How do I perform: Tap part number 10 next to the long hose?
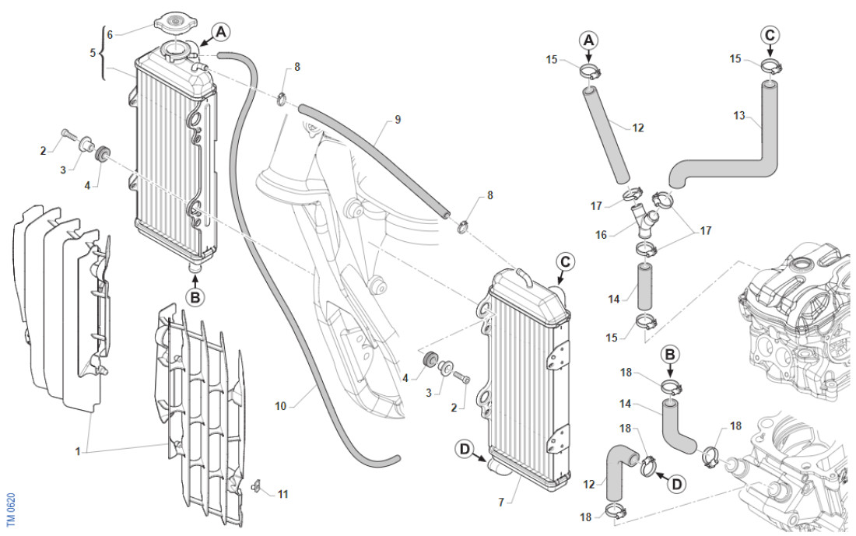[281, 405]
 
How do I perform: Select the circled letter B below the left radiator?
[195, 296]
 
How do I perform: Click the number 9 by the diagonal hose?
[398, 119]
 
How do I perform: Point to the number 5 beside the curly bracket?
[93, 53]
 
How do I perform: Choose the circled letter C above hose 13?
[770, 35]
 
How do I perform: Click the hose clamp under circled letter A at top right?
[591, 73]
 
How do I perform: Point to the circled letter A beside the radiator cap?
[221, 32]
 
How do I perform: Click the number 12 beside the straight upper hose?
[638, 128]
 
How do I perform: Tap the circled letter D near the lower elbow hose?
[677, 483]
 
